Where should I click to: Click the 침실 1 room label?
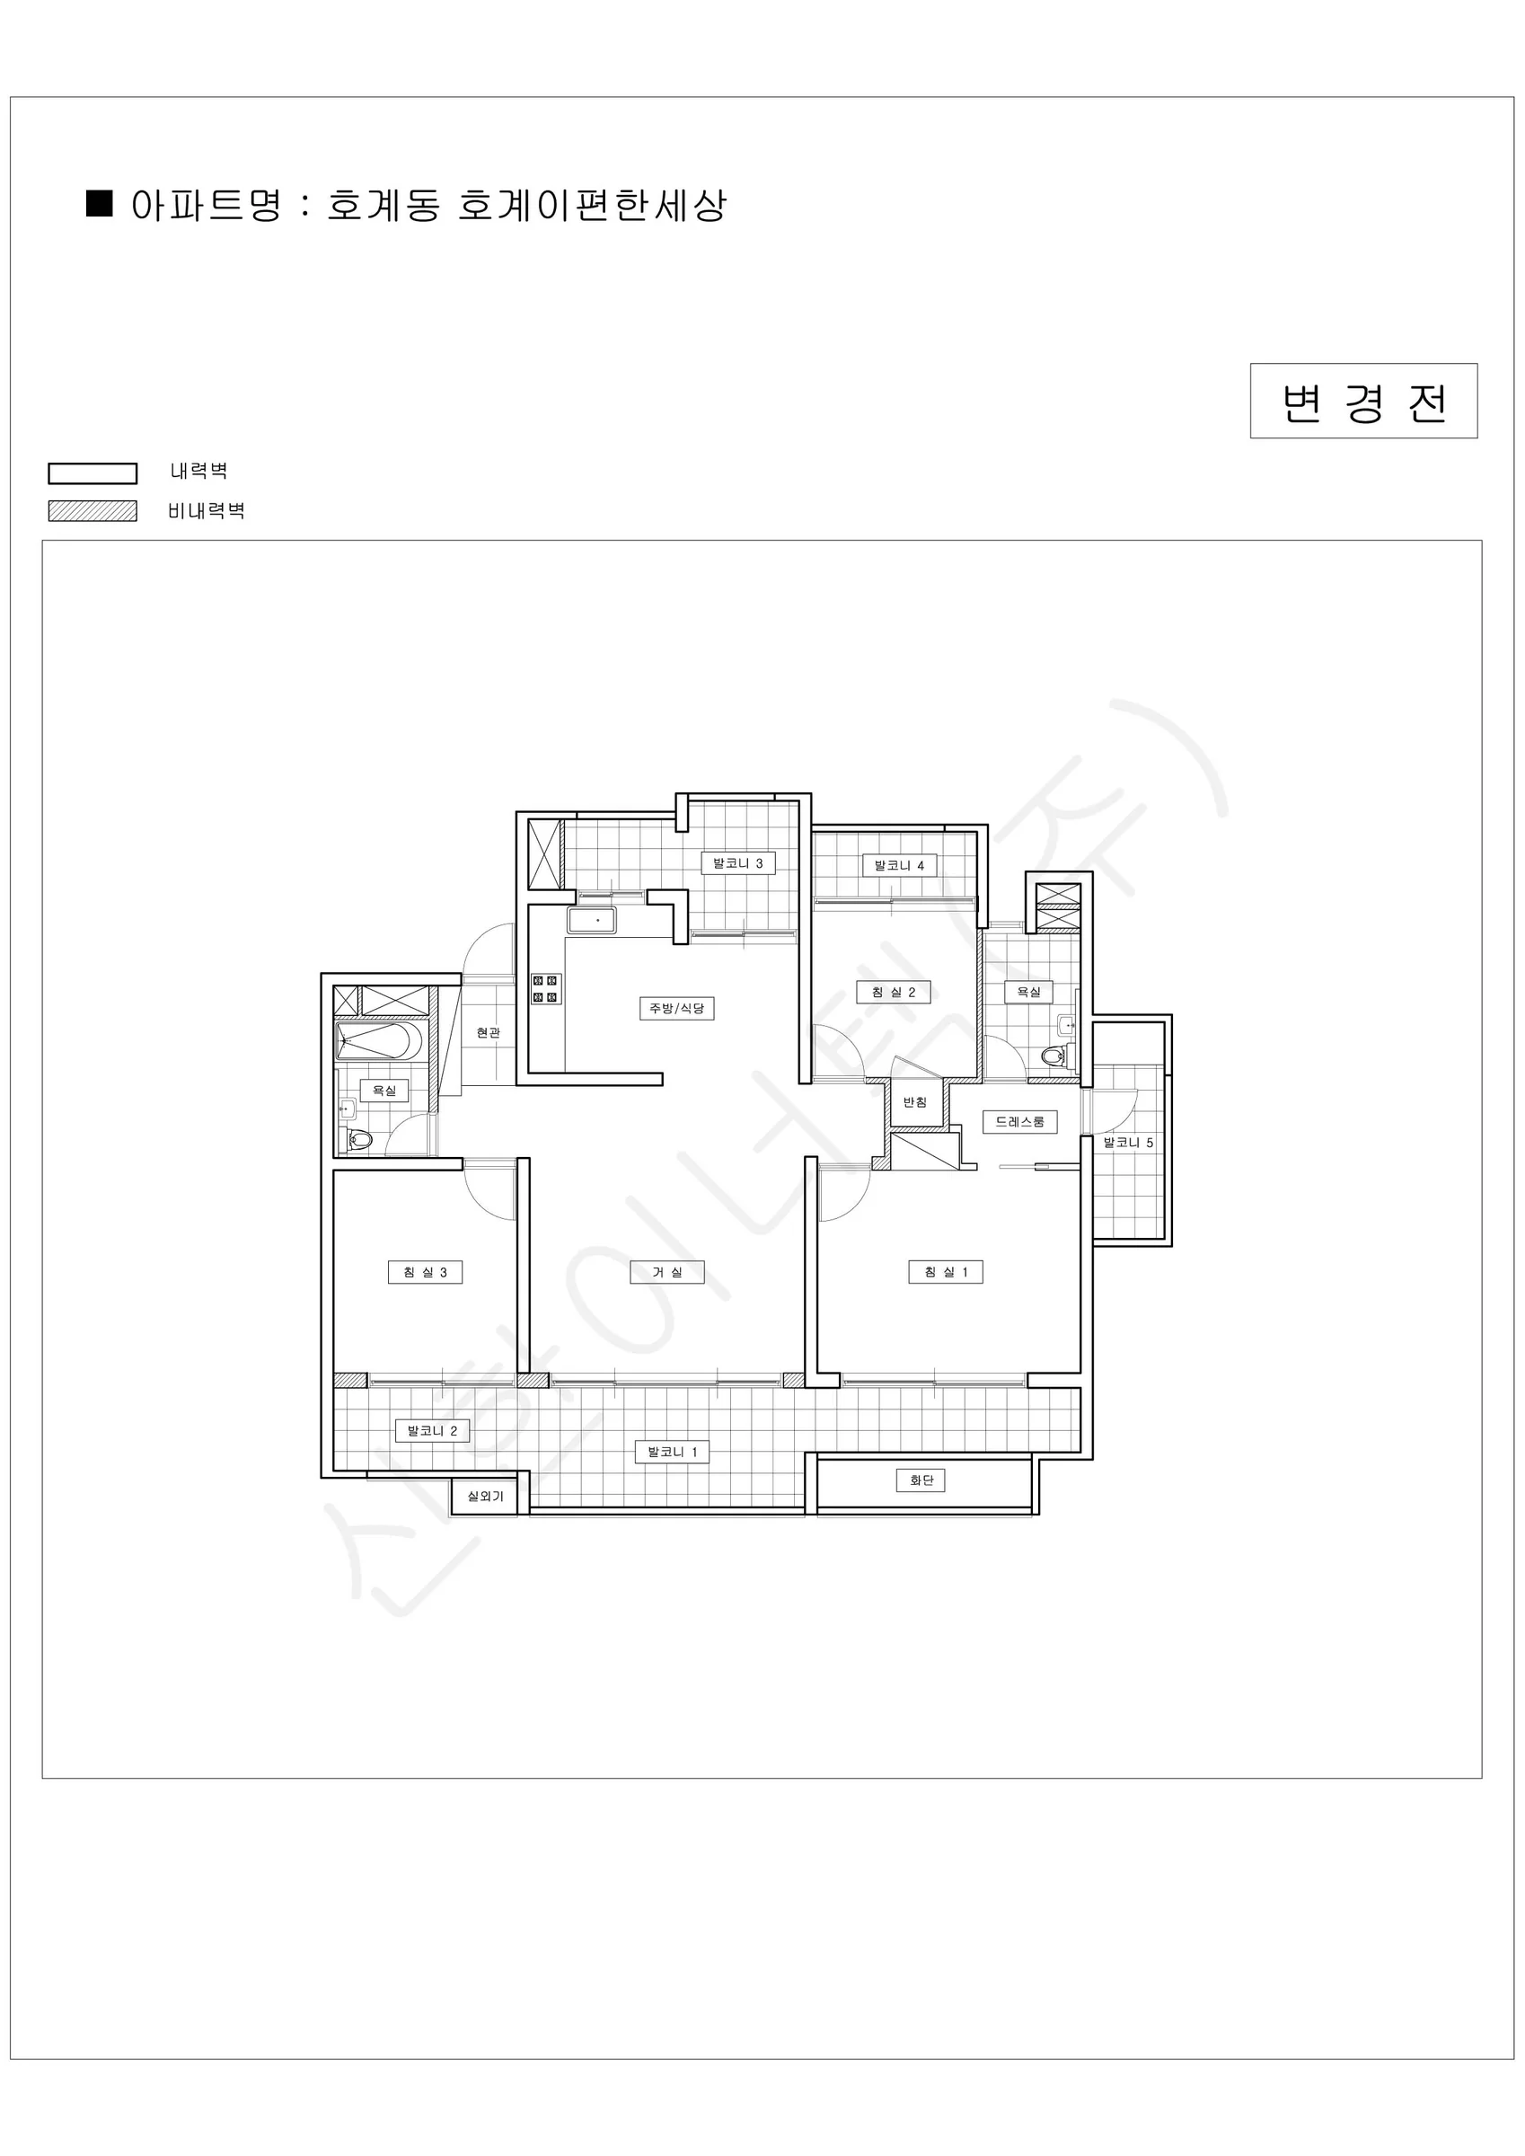click(x=946, y=1272)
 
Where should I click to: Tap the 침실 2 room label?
click(x=893, y=992)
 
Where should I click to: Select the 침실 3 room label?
click(x=426, y=1272)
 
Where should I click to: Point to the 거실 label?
click(x=666, y=1272)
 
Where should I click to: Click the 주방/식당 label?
click(x=676, y=1009)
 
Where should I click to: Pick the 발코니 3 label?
click(x=738, y=863)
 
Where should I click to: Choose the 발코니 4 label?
click(x=900, y=865)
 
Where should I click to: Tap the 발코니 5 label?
click(x=1128, y=1143)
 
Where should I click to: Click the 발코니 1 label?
click(x=673, y=1452)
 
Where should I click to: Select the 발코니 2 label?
click(x=432, y=1431)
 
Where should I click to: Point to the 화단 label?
click(x=921, y=1480)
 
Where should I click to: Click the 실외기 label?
click(x=486, y=1496)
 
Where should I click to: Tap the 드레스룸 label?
click(x=1019, y=1121)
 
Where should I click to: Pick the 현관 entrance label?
click(x=488, y=1033)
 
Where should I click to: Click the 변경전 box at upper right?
click(x=1363, y=401)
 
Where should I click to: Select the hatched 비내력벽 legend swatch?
click(x=93, y=511)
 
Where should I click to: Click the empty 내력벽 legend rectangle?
click(x=93, y=473)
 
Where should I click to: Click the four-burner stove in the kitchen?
click(x=545, y=989)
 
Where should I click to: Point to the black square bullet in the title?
click(x=100, y=204)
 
